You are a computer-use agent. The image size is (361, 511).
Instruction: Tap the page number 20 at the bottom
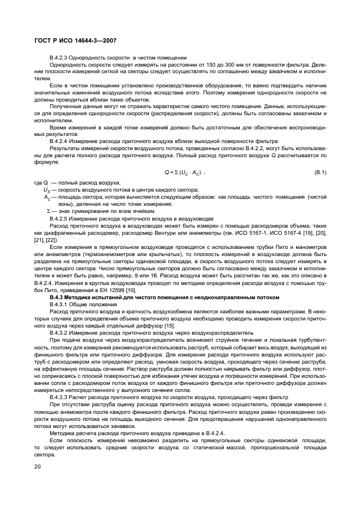(x=37, y=466)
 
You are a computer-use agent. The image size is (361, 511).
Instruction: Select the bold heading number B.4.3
(x=58, y=296)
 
